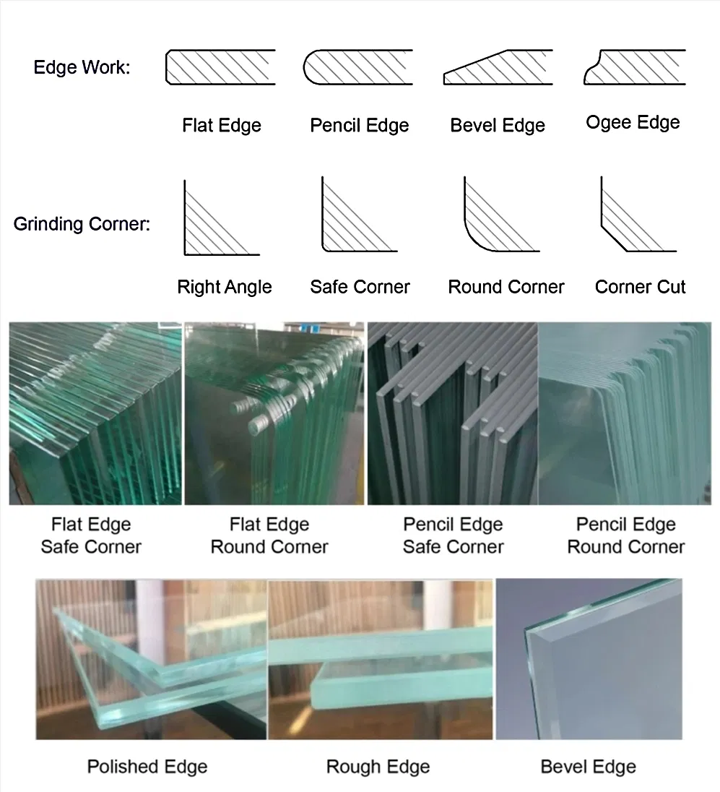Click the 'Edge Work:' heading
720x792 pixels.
pyautogui.click(x=82, y=67)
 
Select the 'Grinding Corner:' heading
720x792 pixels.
pyautogui.click(x=82, y=224)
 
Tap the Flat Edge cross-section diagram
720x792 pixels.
pyautogui.click(x=221, y=67)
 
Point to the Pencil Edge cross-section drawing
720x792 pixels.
pyautogui.click(x=358, y=67)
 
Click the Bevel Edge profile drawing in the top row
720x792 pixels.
pyautogui.click(x=498, y=67)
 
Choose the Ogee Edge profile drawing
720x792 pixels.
pyautogui.click(x=635, y=67)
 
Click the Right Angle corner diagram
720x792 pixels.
pyautogui.click(x=222, y=218)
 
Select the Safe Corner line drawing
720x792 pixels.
pyautogui.click(x=360, y=214)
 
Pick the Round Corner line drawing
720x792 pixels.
pyautogui.click(x=502, y=214)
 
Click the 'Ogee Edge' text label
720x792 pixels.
pyautogui.click(x=633, y=123)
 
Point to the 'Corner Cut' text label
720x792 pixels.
pyautogui.click(x=641, y=287)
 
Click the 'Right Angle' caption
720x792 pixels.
pyautogui.click(x=225, y=288)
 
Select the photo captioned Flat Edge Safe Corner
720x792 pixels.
pyautogui.click(x=95, y=413)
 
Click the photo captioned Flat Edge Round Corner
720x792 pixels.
pyautogui.click(x=274, y=413)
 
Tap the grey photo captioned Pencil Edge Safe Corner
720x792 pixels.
pyautogui.click(x=453, y=413)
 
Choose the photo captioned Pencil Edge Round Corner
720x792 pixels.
pyautogui.click(x=625, y=413)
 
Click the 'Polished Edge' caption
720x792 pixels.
pyautogui.click(x=147, y=767)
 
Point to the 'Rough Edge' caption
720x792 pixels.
pyautogui.click(x=378, y=767)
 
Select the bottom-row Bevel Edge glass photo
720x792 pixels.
pyautogui.click(x=589, y=659)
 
